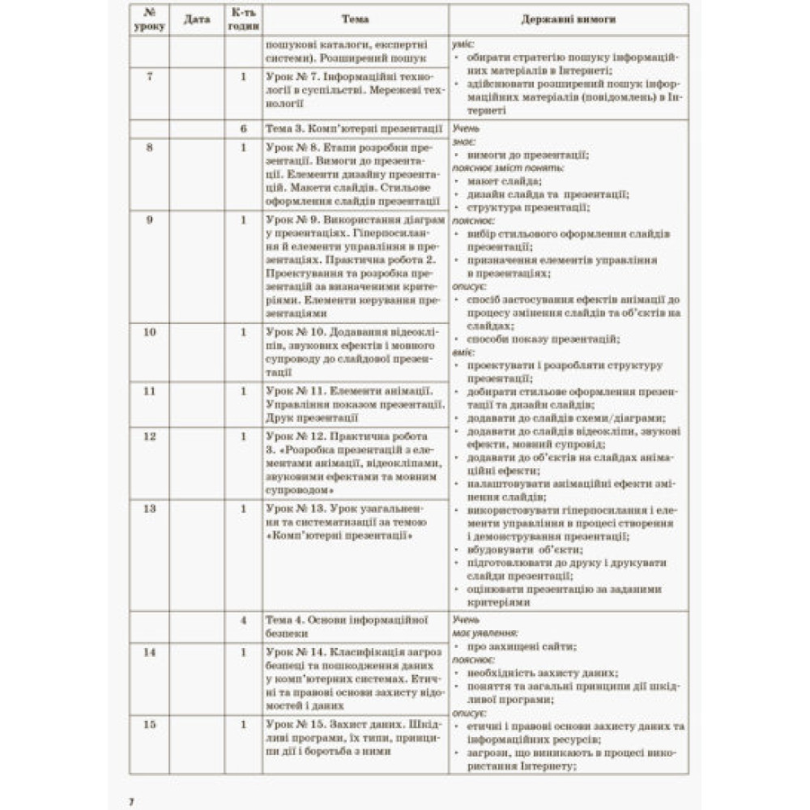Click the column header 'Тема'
point(355,19)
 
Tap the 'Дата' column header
point(196,19)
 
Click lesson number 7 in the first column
point(149,76)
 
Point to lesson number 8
point(149,147)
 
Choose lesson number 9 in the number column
point(149,220)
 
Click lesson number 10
point(149,332)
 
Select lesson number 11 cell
point(149,391)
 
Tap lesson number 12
point(149,437)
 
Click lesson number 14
point(149,651)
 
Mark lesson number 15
point(149,724)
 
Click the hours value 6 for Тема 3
point(243,129)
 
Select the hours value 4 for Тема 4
point(243,620)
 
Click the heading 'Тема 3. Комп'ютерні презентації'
point(353,129)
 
